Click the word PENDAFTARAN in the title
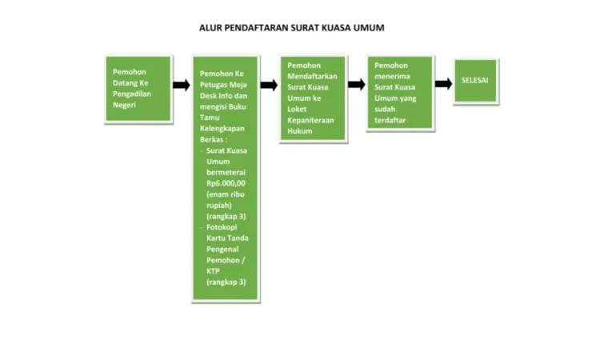click(256, 28)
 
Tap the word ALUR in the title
click(210, 28)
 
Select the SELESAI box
click(476, 81)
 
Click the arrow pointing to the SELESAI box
click(443, 83)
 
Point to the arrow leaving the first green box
click(182, 85)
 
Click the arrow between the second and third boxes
click(269, 85)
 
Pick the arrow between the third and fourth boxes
click(357, 84)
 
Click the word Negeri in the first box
click(124, 105)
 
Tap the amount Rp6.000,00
click(226, 183)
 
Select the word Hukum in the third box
click(300, 131)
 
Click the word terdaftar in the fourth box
click(390, 120)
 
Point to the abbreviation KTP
click(213, 271)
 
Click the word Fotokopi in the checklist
click(222, 227)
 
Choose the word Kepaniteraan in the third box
click(310, 120)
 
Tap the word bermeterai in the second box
click(226, 173)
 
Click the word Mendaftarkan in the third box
click(312, 76)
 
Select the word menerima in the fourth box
click(392, 76)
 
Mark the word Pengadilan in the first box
click(132, 94)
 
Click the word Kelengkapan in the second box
click(222, 129)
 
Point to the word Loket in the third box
click(297, 110)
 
